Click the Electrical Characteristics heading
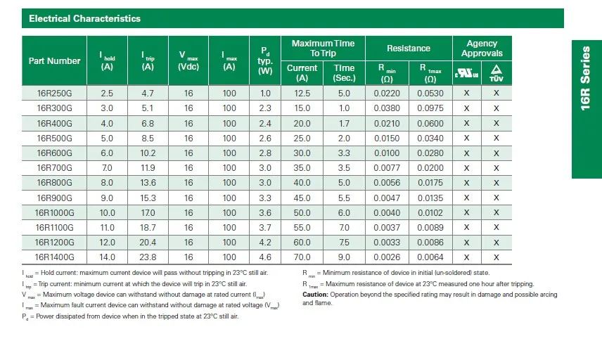[x=85, y=18]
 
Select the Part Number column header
[x=54, y=60]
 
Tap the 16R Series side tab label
[x=585, y=78]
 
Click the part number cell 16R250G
[x=55, y=94]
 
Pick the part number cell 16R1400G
[x=55, y=257]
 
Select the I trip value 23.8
[x=148, y=257]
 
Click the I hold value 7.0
[x=107, y=168]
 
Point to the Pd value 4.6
[x=265, y=257]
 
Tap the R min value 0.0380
[x=387, y=108]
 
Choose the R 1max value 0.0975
[x=430, y=108]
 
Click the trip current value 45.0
[x=302, y=198]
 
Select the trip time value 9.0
[x=344, y=257]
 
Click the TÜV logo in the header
[x=496, y=73]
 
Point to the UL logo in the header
[x=466, y=73]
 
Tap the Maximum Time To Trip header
[x=323, y=49]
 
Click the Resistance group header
[x=409, y=49]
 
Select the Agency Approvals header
[x=482, y=49]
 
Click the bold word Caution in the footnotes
[x=315, y=295]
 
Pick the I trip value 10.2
[x=148, y=153]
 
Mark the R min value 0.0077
[x=387, y=168]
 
